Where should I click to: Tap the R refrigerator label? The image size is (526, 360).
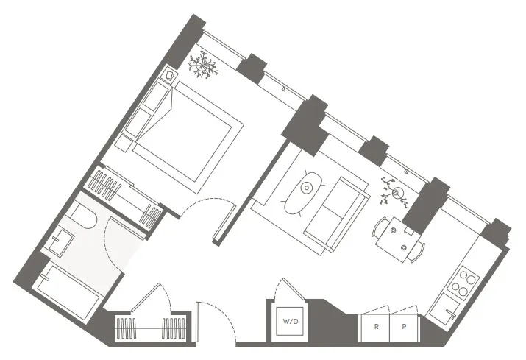tap(376, 326)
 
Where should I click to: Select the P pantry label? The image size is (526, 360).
tap(404, 326)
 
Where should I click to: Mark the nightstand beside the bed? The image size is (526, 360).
tap(169, 75)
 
